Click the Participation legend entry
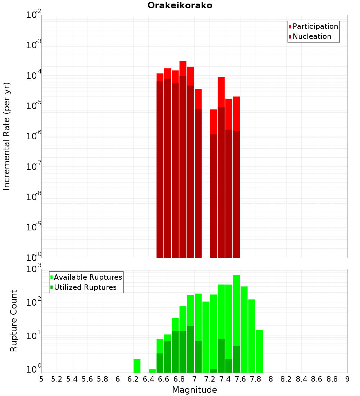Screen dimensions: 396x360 (315, 26)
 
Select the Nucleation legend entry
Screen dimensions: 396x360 (311, 36)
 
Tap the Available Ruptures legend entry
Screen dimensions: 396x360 (87, 277)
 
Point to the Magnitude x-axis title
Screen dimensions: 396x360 (194, 390)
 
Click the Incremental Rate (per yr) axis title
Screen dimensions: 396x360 (7, 136)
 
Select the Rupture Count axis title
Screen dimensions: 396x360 (14, 321)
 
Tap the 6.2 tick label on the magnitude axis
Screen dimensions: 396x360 (133, 379)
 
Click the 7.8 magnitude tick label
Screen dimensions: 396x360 (256, 379)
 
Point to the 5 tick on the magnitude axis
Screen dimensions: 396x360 (41, 379)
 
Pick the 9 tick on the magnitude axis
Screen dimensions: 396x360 (347, 379)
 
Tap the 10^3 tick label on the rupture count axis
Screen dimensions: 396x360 (33, 269)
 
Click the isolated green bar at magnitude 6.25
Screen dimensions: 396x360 (137, 366)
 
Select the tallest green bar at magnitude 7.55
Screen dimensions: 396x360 (237, 310)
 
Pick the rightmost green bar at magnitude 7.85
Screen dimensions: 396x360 (259, 351)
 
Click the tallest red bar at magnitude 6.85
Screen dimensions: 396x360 (183, 68)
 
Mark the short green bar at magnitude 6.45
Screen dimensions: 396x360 (152, 371)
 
